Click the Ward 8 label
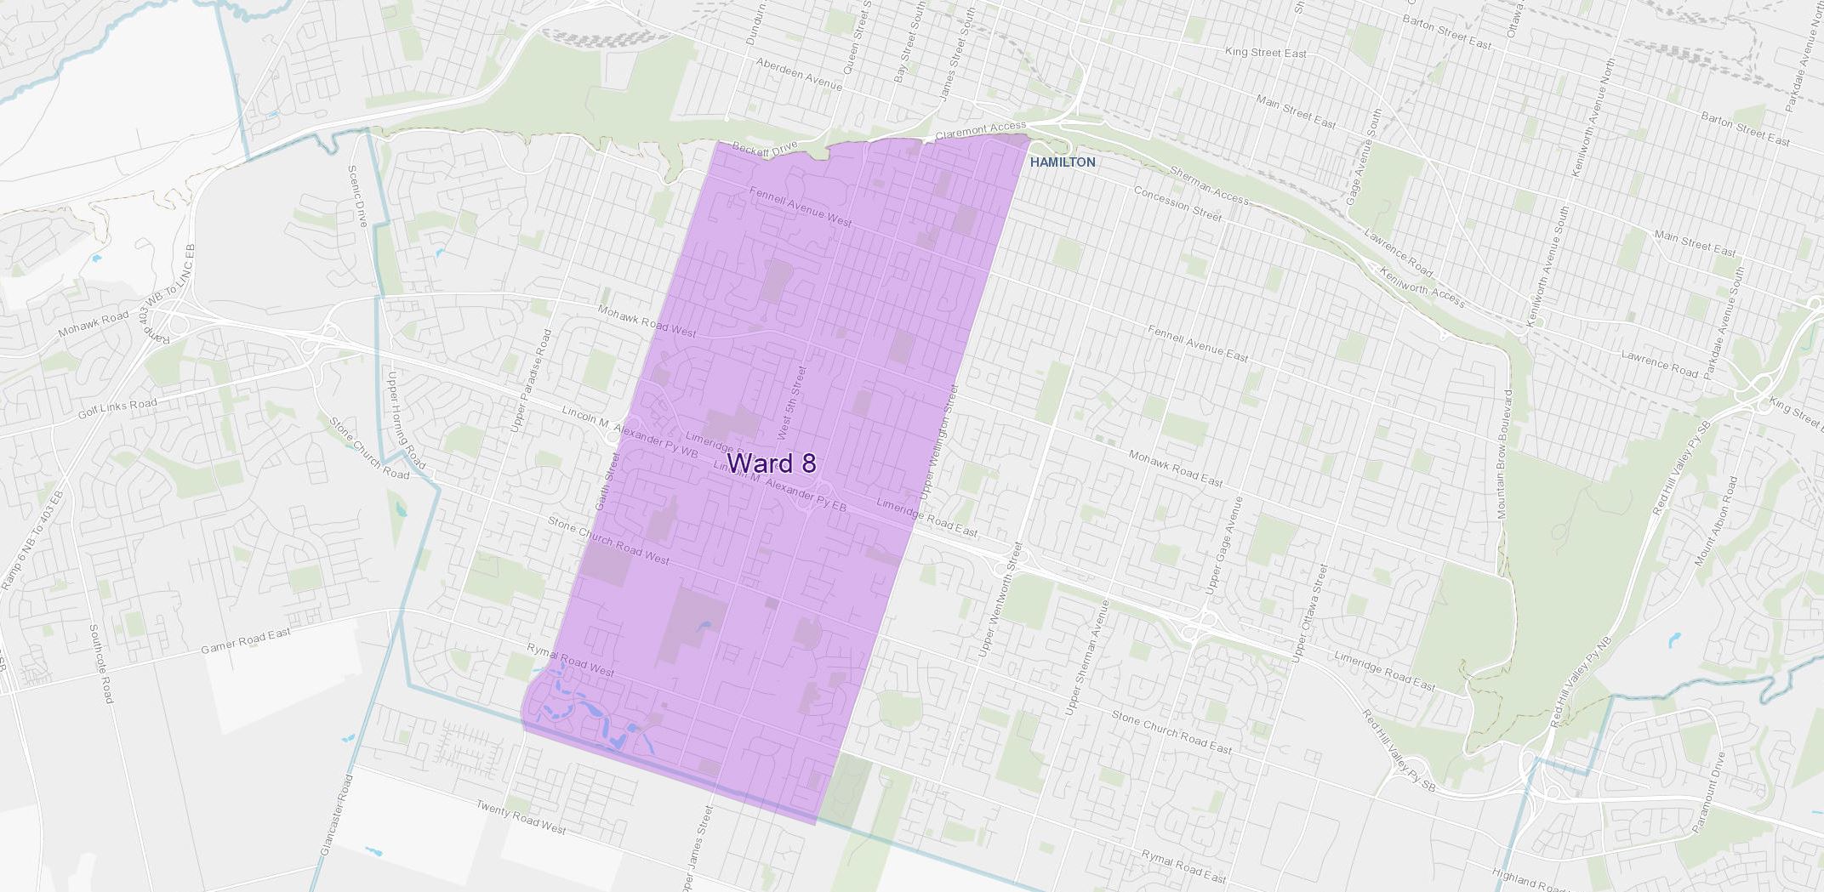[772, 463]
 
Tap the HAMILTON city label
[1063, 162]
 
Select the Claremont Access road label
[980, 131]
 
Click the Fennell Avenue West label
[801, 207]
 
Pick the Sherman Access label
[1209, 186]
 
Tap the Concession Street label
[1177, 203]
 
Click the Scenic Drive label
[356, 196]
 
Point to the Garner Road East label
[245, 642]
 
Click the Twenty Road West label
[521, 817]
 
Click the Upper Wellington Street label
[938, 442]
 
